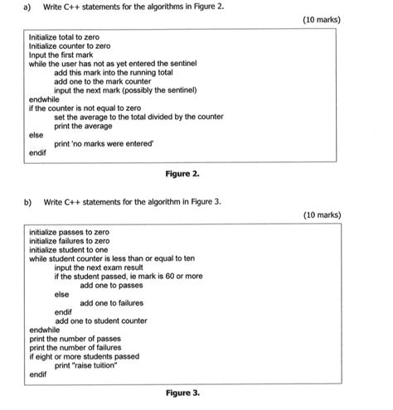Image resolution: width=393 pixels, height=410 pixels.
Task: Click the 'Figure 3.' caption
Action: click(x=183, y=393)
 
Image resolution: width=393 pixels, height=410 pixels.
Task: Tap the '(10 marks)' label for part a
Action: click(x=322, y=20)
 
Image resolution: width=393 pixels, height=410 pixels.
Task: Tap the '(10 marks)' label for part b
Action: click(x=322, y=215)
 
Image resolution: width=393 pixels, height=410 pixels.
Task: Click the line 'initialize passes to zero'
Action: click(x=69, y=231)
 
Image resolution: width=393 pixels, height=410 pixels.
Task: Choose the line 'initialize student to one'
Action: click(x=69, y=248)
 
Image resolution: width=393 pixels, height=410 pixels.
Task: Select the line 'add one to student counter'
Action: click(x=101, y=320)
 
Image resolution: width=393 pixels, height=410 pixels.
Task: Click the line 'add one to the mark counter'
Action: click(x=102, y=82)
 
